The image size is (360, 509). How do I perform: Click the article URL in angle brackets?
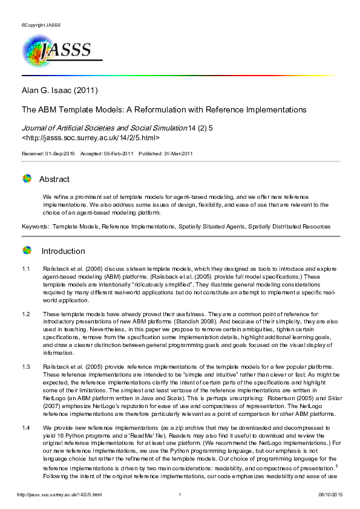(x=91, y=138)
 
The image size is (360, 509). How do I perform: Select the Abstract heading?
(x=54, y=179)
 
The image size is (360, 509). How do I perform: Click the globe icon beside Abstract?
(x=27, y=179)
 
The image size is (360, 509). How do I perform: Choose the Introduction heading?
(x=63, y=251)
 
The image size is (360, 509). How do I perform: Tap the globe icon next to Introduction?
(x=27, y=251)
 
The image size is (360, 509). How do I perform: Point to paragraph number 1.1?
(x=26, y=268)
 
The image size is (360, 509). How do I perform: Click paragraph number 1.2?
(x=26, y=314)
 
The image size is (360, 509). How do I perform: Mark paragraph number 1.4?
(x=26, y=428)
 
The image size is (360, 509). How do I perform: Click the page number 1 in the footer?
(x=180, y=495)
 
